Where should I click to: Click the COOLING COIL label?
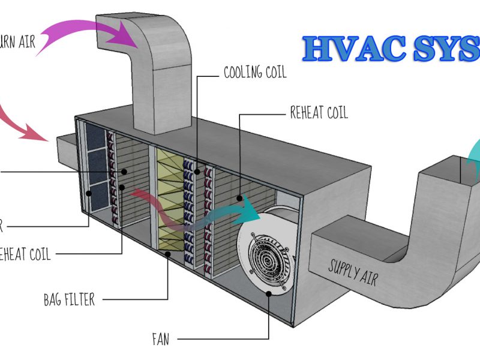(255, 73)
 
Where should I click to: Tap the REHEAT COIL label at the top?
(319, 112)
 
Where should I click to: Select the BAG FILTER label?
(69, 298)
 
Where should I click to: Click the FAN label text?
(160, 340)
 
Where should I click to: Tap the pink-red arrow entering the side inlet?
(18, 120)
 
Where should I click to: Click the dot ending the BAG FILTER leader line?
(167, 254)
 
